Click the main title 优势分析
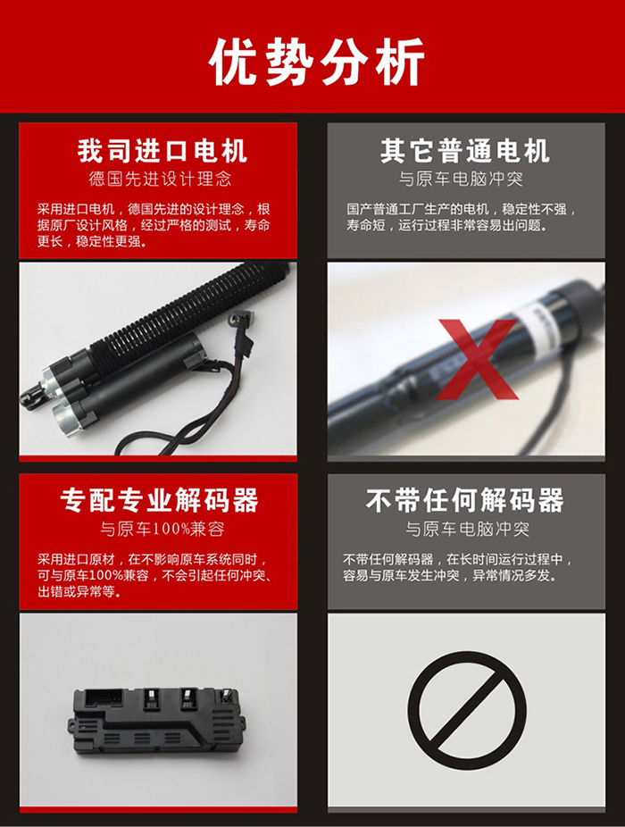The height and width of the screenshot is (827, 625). click(x=316, y=63)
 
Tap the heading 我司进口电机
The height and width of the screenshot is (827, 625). click(x=162, y=151)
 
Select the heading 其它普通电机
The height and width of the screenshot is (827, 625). click(x=465, y=151)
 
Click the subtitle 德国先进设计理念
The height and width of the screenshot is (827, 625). click(x=161, y=179)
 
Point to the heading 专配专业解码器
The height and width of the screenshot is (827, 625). click(x=159, y=500)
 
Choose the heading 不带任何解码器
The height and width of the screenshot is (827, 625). click(x=465, y=500)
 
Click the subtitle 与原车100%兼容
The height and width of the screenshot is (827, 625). click(x=162, y=529)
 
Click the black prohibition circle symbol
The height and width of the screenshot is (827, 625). click(x=467, y=710)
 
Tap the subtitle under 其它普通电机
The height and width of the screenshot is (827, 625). click(x=461, y=179)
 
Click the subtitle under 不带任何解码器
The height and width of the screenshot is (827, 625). click(x=467, y=529)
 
